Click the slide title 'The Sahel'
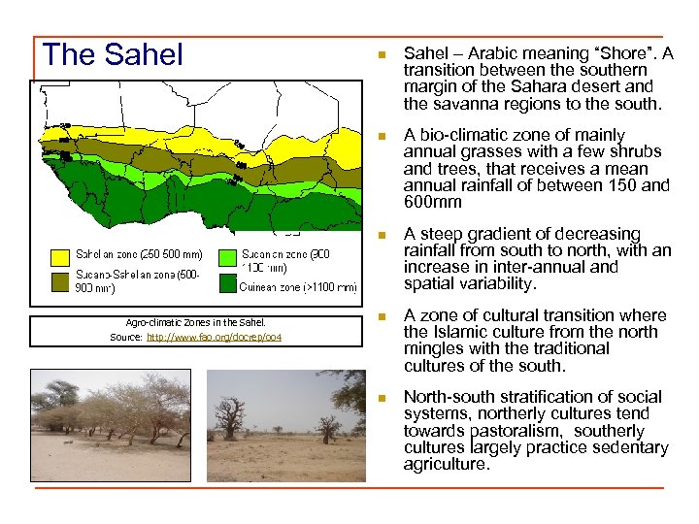tap(113, 55)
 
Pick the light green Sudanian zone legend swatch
tap(226, 257)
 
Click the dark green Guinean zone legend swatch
tap(226, 282)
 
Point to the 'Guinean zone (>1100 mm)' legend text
tap(299, 287)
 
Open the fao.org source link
tap(213, 337)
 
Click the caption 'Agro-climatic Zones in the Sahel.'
tap(195, 322)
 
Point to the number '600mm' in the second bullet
tap(425, 203)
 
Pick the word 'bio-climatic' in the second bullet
tap(464, 135)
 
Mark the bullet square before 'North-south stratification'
tap(383, 398)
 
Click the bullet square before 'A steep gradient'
tap(383, 235)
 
